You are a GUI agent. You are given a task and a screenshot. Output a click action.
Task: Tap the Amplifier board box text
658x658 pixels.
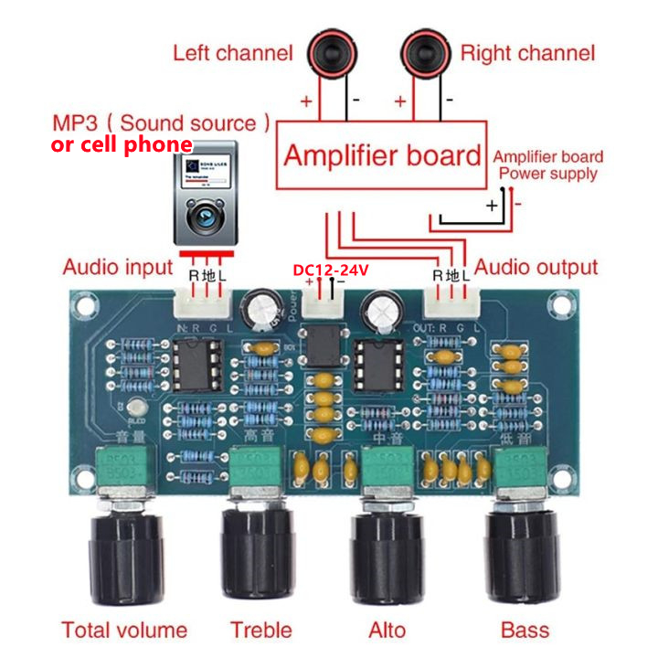coord(382,154)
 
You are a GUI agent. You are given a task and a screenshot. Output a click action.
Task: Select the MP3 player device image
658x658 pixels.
coord(205,192)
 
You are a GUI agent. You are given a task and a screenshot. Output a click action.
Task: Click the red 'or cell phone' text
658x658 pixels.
coord(122,145)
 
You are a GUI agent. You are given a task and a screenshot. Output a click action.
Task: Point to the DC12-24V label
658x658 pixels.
coord(330,271)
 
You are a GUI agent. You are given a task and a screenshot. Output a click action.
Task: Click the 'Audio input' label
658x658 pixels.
coord(117,268)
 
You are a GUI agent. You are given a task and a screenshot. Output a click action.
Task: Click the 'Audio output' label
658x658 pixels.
coord(536,268)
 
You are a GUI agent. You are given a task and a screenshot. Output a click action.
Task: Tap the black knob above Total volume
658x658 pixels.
coord(124,552)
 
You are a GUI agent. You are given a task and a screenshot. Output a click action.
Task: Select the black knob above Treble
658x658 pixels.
coord(260,552)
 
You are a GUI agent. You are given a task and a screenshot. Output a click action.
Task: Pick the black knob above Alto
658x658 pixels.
coord(387,552)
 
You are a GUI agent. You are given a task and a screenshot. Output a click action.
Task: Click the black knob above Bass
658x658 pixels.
coord(523,552)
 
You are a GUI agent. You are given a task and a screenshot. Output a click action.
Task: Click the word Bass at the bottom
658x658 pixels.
coord(525,630)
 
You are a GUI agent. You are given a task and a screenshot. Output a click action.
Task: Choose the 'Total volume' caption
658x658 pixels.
coord(124,630)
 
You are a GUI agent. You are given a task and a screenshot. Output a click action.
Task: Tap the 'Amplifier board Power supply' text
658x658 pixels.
coord(548,164)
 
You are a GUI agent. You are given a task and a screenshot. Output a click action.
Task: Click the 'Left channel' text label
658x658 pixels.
coord(233,53)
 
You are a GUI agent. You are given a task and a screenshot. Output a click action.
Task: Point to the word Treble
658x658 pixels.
coord(261,630)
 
